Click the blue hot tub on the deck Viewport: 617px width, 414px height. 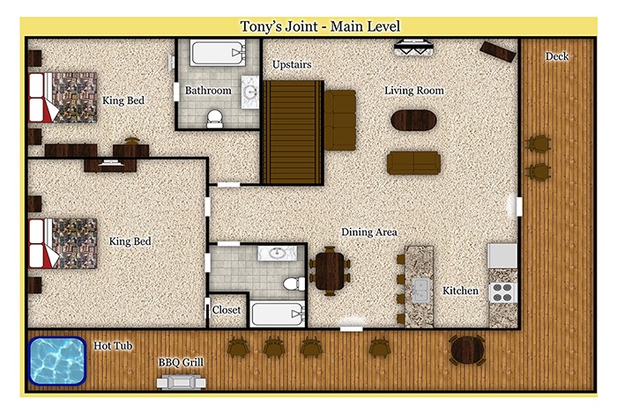tap(57, 360)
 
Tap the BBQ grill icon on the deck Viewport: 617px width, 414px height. tap(181, 381)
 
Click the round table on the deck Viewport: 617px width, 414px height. tap(467, 350)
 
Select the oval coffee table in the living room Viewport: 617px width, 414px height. tap(413, 120)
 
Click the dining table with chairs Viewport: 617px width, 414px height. tap(330, 271)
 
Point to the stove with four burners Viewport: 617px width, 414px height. tap(503, 292)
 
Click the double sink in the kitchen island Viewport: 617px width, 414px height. tap(420, 290)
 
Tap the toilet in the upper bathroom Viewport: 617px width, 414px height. tap(215, 118)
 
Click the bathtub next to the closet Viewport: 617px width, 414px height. tap(278, 314)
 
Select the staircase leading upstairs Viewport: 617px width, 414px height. tap(292, 132)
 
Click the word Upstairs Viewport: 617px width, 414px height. tap(292, 64)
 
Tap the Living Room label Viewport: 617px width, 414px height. tap(414, 91)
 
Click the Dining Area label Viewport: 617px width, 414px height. tap(369, 232)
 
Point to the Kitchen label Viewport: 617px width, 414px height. tap(460, 291)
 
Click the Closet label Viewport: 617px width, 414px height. tap(227, 310)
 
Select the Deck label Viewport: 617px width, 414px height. tap(557, 56)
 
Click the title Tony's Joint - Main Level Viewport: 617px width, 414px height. tap(320, 26)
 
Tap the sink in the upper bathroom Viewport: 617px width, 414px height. tap(250, 92)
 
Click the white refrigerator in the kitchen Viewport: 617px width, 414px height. tap(502, 255)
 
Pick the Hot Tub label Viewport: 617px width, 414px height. tap(113, 345)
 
